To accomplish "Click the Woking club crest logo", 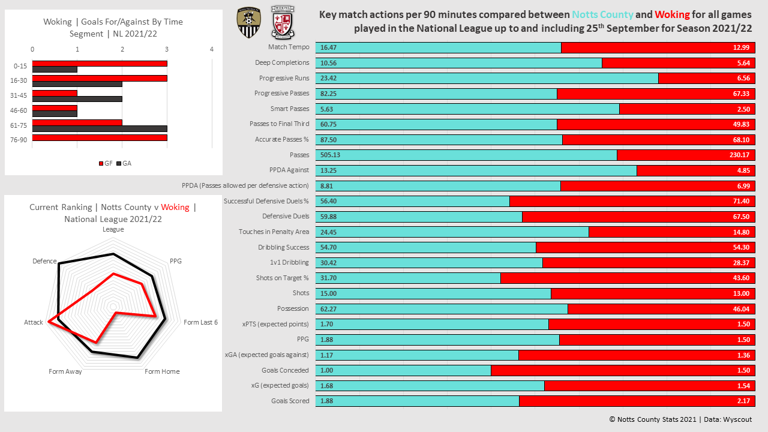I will coord(283,22).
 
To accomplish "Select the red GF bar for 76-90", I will coord(100,137).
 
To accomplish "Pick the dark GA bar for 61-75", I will coord(100,128).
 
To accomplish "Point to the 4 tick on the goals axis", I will coord(212,50).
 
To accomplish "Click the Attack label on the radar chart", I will coord(34,322).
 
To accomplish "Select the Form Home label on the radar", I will coord(162,371).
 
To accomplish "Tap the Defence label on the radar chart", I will coord(44,262).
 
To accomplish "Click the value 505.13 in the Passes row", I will coord(330,155).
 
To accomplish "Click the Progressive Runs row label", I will coord(284,78).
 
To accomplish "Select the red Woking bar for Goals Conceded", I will coord(623,370).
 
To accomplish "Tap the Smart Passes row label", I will coord(290,109).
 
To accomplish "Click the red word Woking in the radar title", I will coord(175,207).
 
